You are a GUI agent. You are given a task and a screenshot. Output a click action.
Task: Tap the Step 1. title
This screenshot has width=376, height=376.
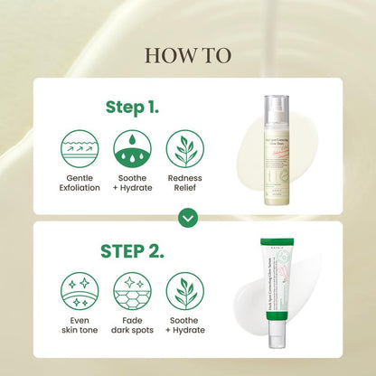[134, 107]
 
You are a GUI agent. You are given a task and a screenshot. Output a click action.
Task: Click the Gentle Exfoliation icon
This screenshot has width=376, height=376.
[80, 150]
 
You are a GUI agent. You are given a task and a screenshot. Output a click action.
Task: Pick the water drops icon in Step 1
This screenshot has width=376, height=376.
[133, 150]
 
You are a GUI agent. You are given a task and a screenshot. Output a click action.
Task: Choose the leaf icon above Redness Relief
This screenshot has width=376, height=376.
[186, 150]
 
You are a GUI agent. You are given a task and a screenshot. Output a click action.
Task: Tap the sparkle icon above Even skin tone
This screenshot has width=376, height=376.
[80, 291]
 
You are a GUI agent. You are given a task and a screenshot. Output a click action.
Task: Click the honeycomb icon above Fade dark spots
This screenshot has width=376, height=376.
[133, 291]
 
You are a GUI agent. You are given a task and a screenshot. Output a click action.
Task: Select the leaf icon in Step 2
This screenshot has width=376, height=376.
[186, 291]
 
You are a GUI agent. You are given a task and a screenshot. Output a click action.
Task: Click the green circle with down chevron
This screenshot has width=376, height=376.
[188, 218]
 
